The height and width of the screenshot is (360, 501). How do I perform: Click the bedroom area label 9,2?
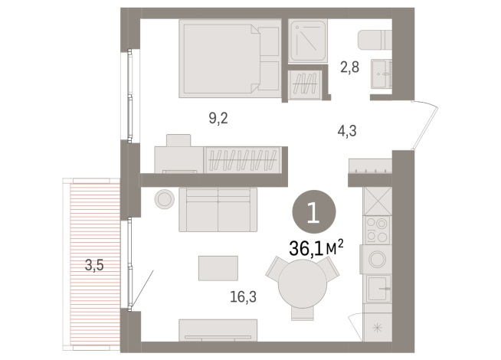[x=218, y=118]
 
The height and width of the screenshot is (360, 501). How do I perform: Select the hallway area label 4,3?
[x=346, y=130]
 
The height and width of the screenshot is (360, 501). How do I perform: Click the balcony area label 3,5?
[x=94, y=267]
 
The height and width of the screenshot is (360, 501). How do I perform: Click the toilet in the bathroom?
[x=375, y=39]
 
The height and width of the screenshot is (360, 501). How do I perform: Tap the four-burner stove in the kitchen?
[x=376, y=231]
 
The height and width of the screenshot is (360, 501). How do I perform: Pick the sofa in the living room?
[x=218, y=210]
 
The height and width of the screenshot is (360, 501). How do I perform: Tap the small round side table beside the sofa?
[x=165, y=199]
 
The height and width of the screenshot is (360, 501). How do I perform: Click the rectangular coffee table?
[x=218, y=268]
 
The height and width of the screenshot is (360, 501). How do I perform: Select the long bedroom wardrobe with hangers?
[x=244, y=160]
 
